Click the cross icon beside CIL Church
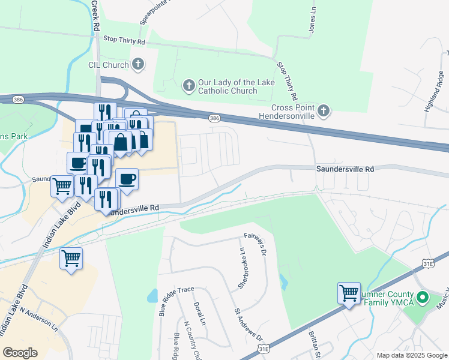pyautogui.click(x=138, y=64)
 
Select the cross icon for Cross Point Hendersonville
pyautogui.click(x=324, y=110)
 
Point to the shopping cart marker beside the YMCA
pyautogui.click(x=349, y=293)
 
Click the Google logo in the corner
pyautogui.click(x=19, y=353)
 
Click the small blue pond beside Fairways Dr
pyautogui.click(x=282, y=280)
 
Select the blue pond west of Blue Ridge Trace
pyautogui.click(x=152, y=295)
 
